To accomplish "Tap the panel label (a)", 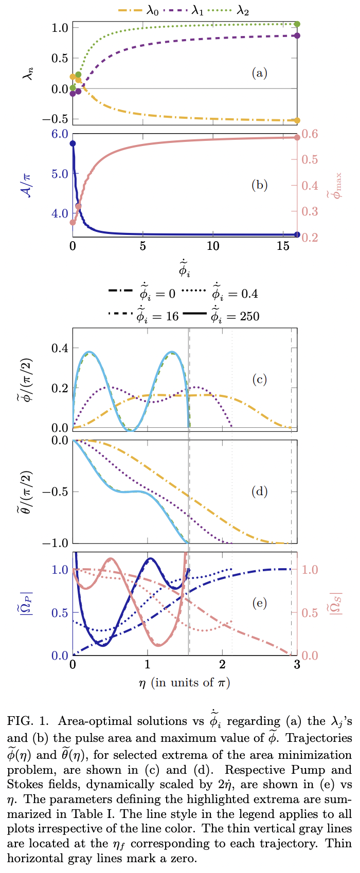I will click(x=259, y=73).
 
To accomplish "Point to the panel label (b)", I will click(x=259, y=185).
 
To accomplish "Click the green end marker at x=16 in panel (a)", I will click(x=297, y=24).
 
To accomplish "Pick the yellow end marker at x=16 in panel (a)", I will click(x=297, y=120).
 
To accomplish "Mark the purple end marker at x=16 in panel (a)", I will click(x=297, y=35).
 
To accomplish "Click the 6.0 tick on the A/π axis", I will click(x=59, y=134).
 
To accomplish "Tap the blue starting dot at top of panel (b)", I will click(x=73, y=143).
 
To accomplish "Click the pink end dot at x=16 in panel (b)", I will click(x=297, y=137).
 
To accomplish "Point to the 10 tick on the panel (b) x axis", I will click(x=212, y=246).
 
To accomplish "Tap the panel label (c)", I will click(x=259, y=380).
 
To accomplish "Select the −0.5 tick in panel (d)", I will click(x=54, y=492).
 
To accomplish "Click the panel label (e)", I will click(x=259, y=603).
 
